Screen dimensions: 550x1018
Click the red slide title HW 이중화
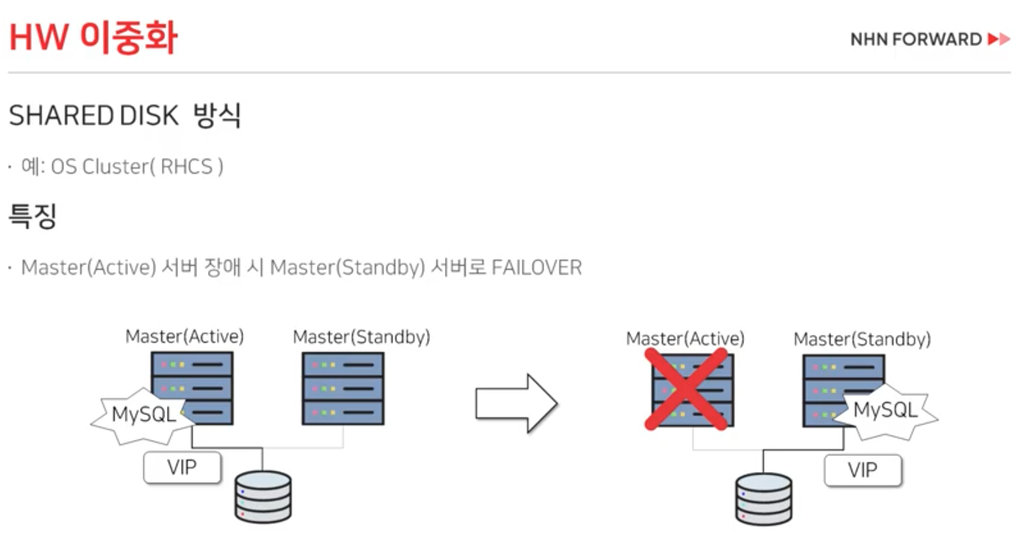[93, 38]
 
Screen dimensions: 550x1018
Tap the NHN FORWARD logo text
[915, 39]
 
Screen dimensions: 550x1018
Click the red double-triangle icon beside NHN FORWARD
[999, 39]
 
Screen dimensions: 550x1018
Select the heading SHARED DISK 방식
[125, 116]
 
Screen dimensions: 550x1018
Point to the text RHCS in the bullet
[186, 166]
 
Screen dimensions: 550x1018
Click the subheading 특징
[32, 216]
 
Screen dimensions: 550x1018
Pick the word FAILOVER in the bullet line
[536, 267]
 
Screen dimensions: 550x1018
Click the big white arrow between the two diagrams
[516, 404]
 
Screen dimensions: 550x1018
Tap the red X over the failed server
[686, 389]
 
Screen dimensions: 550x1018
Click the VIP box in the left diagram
[182, 468]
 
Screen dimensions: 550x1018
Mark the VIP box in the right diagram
[862, 471]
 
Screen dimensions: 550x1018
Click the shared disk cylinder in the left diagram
[263, 496]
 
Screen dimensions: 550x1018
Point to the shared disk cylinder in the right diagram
[763, 499]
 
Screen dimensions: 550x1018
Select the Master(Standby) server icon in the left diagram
[343, 389]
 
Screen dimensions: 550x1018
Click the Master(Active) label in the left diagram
[185, 336]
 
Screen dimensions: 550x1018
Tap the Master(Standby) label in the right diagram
[862, 340]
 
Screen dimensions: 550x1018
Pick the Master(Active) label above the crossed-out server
[685, 339]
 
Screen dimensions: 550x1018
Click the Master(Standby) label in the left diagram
[361, 337]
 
